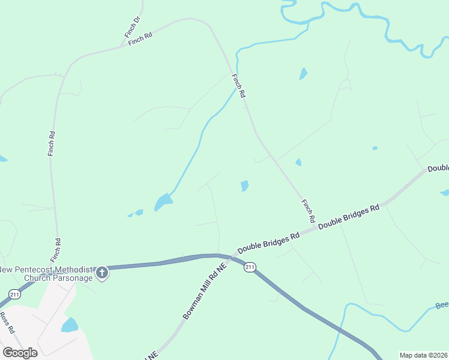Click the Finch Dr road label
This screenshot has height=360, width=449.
[133, 28]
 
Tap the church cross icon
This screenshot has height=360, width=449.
[102, 274]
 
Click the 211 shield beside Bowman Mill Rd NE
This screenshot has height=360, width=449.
[250, 267]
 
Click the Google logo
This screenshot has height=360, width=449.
[20, 352]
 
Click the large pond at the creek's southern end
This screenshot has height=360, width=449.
[163, 202]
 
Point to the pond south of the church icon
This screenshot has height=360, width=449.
[70, 325]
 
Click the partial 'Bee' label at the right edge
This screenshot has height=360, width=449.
[442, 305]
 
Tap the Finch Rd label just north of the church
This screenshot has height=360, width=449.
[56, 249]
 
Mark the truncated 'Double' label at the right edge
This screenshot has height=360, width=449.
[438, 169]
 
